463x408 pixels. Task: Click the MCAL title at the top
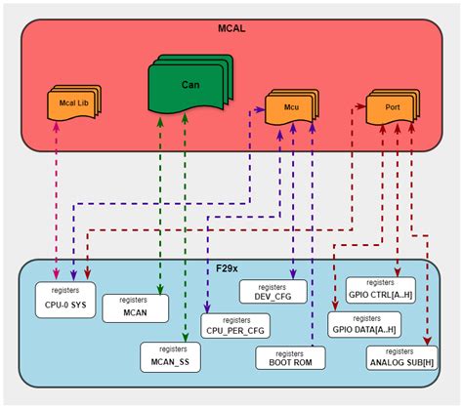coord(231,28)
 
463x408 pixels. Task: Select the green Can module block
coord(190,85)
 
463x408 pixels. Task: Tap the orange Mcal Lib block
coord(74,102)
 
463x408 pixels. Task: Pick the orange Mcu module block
coord(292,107)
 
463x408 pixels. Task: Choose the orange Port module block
coord(393,107)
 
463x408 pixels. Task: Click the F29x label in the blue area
coord(227,268)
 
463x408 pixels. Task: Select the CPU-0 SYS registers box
coord(65,300)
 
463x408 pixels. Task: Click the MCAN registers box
coord(136,308)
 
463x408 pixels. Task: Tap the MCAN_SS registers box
coord(170,357)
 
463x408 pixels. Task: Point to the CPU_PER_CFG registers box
coord(235,326)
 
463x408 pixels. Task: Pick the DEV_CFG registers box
coord(273,292)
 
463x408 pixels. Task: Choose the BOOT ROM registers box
coord(290,358)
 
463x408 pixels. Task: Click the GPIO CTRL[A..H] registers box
coord(380,290)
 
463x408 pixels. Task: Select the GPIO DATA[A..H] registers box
coord(364,324)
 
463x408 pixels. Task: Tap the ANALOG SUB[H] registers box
coord(401,357)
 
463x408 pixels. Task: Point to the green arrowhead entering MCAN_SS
coord(185,338)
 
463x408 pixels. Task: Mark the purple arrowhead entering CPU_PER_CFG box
coord(207,309)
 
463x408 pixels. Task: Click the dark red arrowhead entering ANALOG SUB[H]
coord(427,341)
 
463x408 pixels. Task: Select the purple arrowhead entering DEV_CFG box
coord(293,275)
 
